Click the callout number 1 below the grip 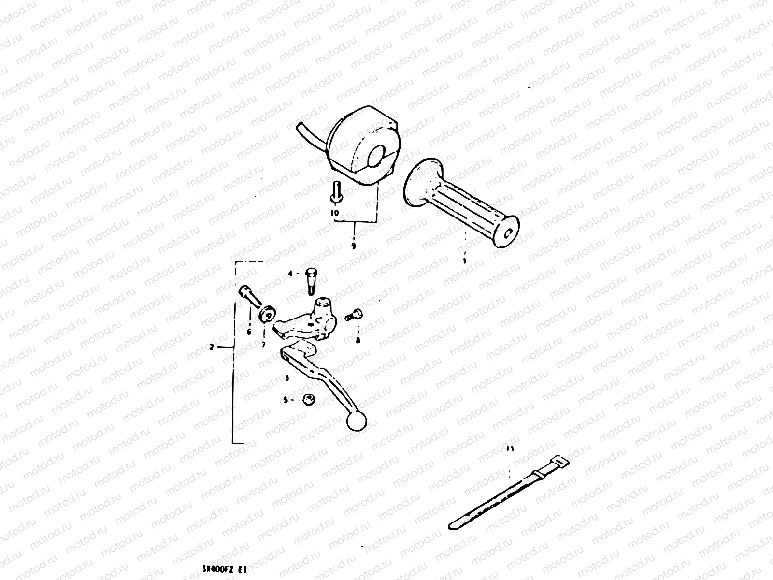point(464,261)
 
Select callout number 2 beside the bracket point(212,347)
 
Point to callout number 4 point(291,274)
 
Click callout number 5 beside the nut point(285,400)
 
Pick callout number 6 point(249,332)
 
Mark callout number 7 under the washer point(264,344)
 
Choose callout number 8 point(358,340)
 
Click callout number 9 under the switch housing point(354,246)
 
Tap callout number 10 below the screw point(335,212)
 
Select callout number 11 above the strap point(511,449)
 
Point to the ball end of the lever point(357,422)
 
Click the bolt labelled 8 point(354,315)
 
